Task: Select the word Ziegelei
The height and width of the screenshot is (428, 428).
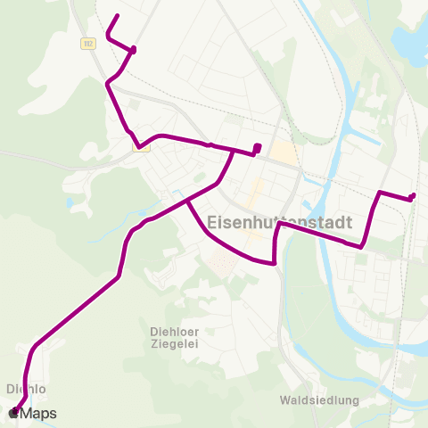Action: point(172,343)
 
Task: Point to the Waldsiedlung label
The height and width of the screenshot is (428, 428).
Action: point(318,400)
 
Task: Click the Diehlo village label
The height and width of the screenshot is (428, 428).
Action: point(25,389)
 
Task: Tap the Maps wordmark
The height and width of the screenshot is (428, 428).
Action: point(39,413)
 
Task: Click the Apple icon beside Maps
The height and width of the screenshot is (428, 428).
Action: point(14,413)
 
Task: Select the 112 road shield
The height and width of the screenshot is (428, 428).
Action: point(87,42)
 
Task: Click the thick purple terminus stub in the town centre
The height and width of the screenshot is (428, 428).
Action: point(257,148)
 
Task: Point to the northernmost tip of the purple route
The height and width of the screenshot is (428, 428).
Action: point(118,16)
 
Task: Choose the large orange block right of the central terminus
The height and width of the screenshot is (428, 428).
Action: point(284,153)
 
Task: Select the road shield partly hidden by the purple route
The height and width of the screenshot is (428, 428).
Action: point(141,147)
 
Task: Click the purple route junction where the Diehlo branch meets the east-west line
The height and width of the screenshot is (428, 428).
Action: point(234,151)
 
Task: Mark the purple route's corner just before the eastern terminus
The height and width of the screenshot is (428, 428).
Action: point(382,192)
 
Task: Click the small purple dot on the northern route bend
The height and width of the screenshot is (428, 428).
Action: point(133,50)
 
